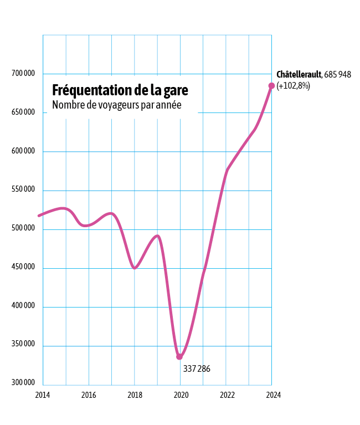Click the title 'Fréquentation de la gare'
pos(120,90)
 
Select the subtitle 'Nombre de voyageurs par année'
pos(117,105)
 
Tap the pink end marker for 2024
pos(271,85)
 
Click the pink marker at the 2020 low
pos(179,357)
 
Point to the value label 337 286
pos(197,368)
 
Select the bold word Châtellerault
pos(299,74)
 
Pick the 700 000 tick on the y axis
pos(23,74)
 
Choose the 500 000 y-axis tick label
pos(23,228)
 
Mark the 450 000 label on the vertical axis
pos(23,267)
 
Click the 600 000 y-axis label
pos(23,151)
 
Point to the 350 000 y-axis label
pos(23,344)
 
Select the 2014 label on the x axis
pos(42,395)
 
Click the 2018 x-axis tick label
pos(135,395)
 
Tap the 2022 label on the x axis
pos(227,395)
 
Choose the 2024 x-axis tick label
pos(273,395)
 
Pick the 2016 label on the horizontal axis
pos(89,395)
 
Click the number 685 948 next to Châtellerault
pos(337,74)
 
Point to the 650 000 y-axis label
pos(23,112)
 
